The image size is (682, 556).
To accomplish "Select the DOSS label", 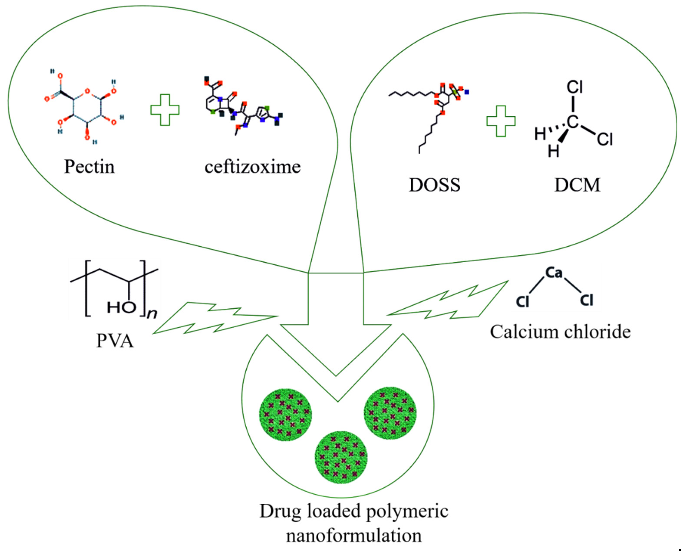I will [x=435, y=185].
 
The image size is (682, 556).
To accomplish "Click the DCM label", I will [x=577, y=185].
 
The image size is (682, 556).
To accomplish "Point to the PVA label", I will [x=115, y=341].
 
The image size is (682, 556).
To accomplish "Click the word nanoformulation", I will [x=353, y=535].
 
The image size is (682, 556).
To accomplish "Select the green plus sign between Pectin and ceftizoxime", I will [x=165, y=110].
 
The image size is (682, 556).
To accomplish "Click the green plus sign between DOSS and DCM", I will [x=501, y=121].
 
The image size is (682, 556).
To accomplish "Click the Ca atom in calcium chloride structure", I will [x=554, y=272].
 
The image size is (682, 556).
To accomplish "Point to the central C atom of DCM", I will [x=573, y=121].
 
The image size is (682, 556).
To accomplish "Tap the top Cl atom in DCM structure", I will [x=574, y=87].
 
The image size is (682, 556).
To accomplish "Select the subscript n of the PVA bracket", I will [x=152, y=314].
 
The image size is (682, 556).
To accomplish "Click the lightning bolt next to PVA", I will [x=214, y=317].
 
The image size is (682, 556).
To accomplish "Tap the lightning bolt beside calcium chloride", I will [x=448, y=303].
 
